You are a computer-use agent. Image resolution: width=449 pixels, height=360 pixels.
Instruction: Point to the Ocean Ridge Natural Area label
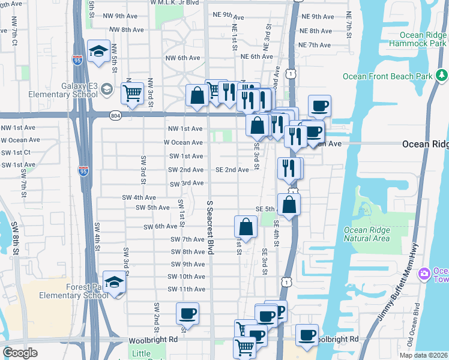coord(367,234)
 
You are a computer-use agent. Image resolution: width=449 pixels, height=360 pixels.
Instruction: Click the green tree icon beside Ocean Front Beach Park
coord(442,76)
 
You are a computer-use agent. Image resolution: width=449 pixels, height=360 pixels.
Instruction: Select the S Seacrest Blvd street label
coord(210,227)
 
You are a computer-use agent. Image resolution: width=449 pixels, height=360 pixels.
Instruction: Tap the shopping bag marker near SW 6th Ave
coord(246,227)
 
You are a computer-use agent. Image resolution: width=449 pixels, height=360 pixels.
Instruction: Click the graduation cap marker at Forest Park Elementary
coord(113,283)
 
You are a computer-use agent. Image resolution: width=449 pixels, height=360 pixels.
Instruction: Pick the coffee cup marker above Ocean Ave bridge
coord(319,107)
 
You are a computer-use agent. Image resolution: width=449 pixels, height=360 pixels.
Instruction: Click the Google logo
coord(20,353)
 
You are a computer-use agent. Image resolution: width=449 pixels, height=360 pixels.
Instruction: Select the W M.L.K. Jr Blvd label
coord(175,2)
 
